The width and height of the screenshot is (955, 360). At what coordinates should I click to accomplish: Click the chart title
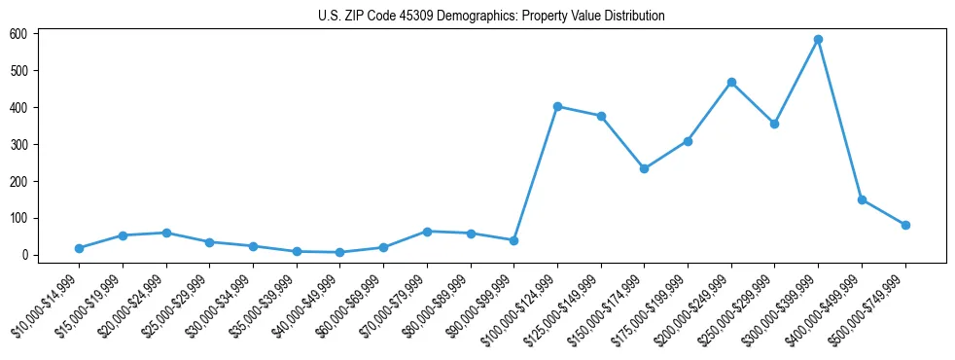point(491,17)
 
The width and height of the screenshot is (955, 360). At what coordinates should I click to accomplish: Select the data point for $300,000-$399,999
point(818,40)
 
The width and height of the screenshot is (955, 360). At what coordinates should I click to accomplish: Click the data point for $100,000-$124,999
point(557,106)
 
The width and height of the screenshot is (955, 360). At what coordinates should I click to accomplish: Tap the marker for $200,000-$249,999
point(731,82)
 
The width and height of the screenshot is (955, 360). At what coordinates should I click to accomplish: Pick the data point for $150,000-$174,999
point(644,168)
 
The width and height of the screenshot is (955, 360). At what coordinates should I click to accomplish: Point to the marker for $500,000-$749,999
point(905,225)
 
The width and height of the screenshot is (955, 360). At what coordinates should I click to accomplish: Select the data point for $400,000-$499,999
point(862,199)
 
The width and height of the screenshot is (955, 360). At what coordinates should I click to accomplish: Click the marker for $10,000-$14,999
point(79,248)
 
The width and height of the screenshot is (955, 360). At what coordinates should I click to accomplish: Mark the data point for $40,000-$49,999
point(339,252)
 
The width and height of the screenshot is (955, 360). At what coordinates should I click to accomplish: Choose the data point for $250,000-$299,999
point(774,124)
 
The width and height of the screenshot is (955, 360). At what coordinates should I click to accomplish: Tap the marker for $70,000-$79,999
point(427,232)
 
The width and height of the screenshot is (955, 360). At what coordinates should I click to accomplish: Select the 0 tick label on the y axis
point(33,255)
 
